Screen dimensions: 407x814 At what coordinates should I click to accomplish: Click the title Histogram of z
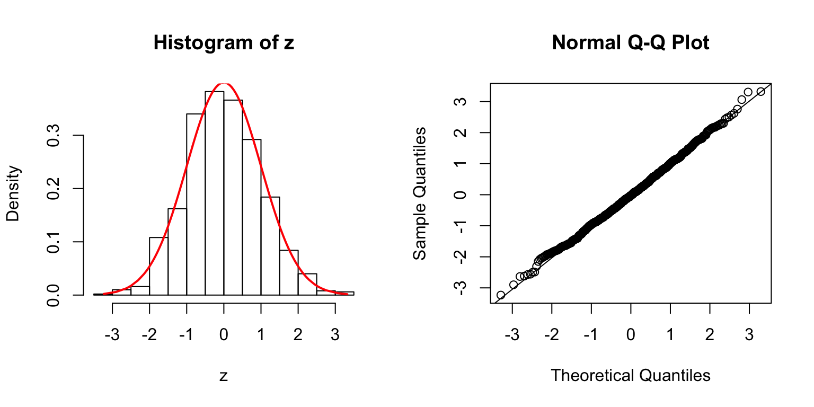[224, 43]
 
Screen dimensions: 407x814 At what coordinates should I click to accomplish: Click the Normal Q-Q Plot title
[630, 43]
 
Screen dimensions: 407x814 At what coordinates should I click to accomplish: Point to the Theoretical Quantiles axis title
[630, 375]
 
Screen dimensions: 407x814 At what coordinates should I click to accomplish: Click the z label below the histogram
[224, 376]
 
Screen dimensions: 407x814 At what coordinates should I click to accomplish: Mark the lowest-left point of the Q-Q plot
[501, 295]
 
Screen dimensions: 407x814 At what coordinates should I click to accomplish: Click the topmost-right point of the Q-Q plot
[761, 92]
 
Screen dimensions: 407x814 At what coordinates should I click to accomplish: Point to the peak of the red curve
[224, 83]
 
